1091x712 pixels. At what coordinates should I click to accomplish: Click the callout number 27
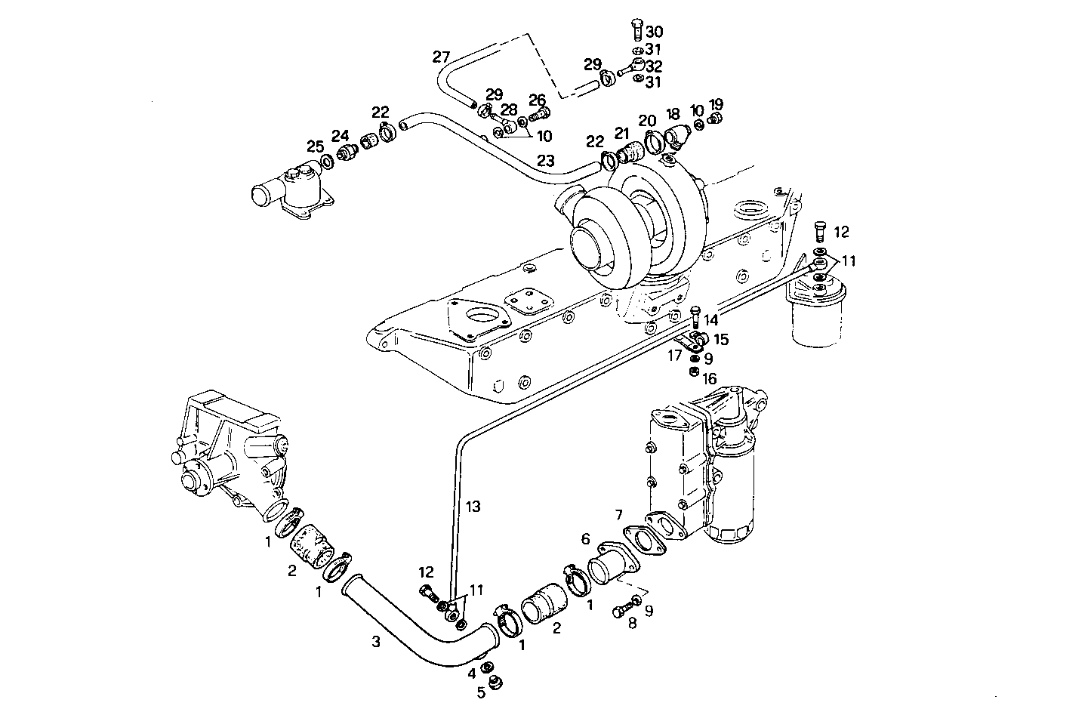pyautogui.click(x=441, y=57)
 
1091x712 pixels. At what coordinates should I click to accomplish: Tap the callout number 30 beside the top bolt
pyautogui.click(x=654, y=32)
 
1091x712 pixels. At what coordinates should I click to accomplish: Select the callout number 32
pyautogui.click(x=654, y=66)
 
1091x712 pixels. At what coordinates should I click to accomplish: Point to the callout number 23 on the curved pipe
pyautogui.click(x=546, y=161)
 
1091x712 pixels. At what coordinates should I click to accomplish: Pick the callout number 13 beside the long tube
pyautogui.click(x=472, y=507)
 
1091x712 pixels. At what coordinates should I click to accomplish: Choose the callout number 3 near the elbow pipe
pyautogui.click(x=375, y=642)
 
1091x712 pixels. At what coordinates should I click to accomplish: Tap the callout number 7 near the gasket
pyautogui.click(x=618, y=515)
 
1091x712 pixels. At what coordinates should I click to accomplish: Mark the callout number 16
pyautogui.click(x=710, y=378)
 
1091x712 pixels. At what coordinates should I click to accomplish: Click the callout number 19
pyautogui.click(x=716, y=103)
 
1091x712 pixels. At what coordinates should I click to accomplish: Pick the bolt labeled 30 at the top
pyautogui.click(x=635, y=31)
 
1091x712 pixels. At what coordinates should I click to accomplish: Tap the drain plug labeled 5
pyautogui.click(x=495, y=683)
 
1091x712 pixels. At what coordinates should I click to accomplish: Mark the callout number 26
pyautogui.click(x=537, y=100)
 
